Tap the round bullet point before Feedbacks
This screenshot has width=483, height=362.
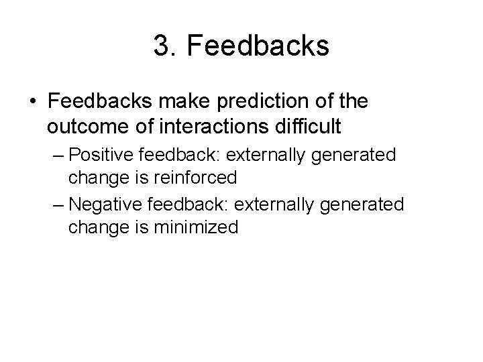click(33, 103)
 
